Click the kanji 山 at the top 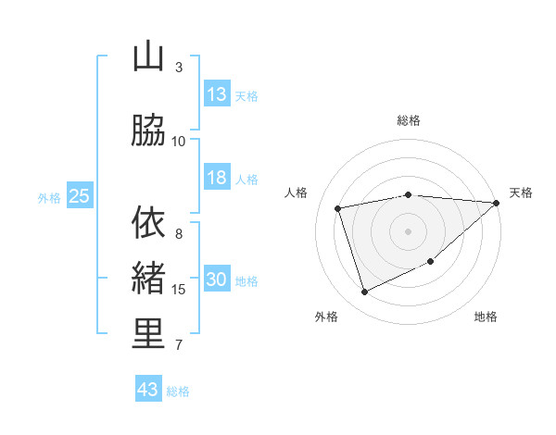click(148, 57)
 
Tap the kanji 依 click(148, 223)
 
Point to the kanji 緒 click(148, 279)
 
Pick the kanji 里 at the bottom click(148, 334)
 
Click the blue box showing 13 click(217, 93)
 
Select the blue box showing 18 click(217, 178)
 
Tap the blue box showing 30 click(217, 280)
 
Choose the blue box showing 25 click(80, 196)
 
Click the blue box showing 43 click(148, 390)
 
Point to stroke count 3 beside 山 click(179, 67)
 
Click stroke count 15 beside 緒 click(179, 290)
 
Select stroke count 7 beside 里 click(179, 345)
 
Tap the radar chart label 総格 click(409, 120)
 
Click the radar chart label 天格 click(521, 193)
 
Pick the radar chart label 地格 click(486, 317)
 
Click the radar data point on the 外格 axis click(365, 292)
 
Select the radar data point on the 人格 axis click(338, 207)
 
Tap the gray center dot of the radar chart click(409, 230)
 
